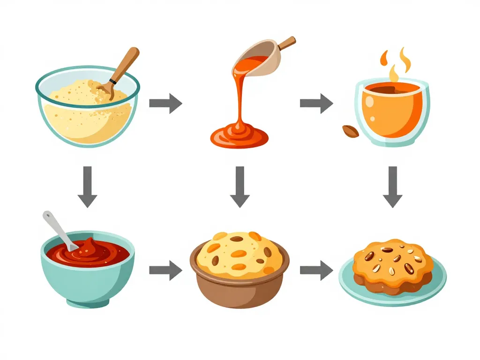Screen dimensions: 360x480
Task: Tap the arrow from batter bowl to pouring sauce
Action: pyautogui.click(x=165, y=103)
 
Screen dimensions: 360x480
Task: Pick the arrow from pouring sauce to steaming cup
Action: pyautogui.click(x=316, y=103)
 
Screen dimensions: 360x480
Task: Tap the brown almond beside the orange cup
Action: pyautogui.click(x=351, y=131)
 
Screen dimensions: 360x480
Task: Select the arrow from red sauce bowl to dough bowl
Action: pyautogui.click(x=165, y=270)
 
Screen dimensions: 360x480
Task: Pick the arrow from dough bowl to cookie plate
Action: pyautogui.click(x=316, y=270)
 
